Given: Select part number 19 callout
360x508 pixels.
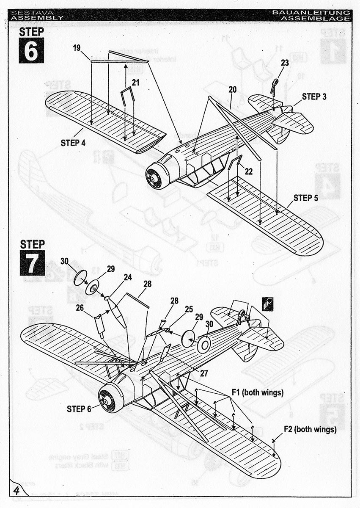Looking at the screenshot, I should click(77, 48).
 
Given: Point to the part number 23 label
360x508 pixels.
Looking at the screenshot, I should click(284, 63).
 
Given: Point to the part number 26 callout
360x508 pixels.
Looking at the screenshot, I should click(79, 308).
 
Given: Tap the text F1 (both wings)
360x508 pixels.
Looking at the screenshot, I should click(257, 392).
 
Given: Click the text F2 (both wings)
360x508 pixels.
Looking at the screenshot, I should click(310, 429).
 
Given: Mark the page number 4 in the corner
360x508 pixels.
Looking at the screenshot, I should click(17, 491).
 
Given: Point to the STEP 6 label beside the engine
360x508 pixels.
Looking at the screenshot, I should click(79, 409).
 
